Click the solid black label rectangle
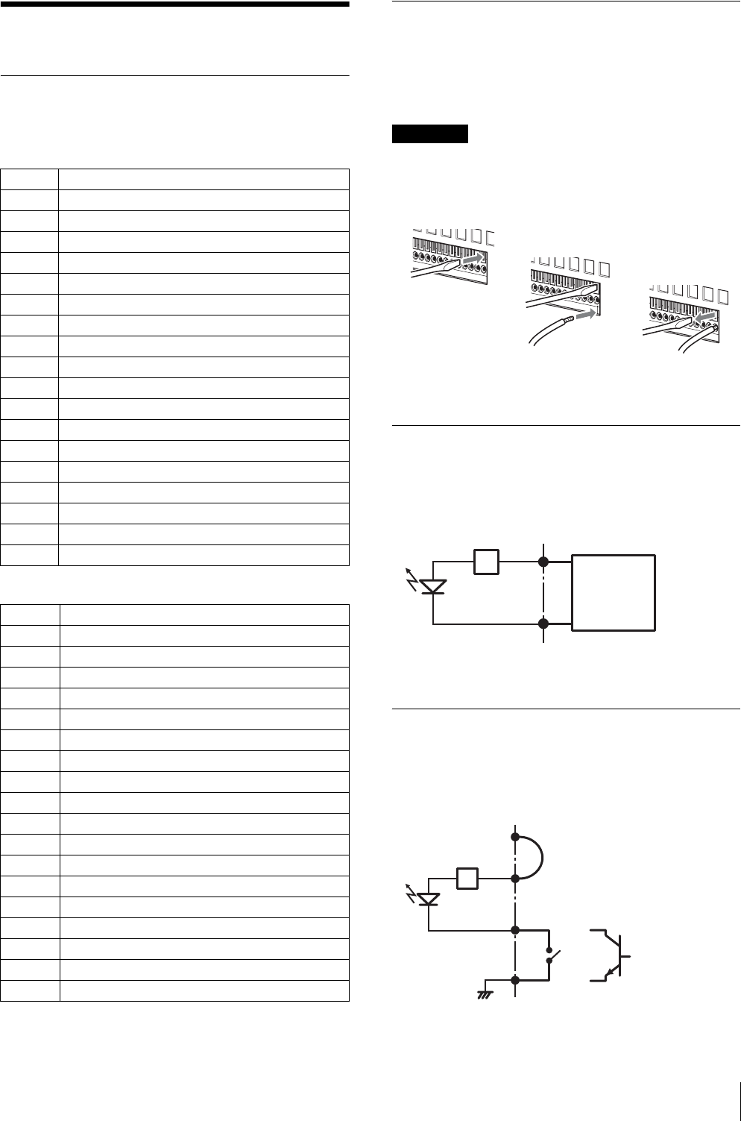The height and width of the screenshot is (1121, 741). [429, 134]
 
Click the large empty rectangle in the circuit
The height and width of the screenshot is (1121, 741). [613, 593]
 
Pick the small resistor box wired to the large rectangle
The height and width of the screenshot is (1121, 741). [485, 561]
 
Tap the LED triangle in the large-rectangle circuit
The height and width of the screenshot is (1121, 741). [433, 588]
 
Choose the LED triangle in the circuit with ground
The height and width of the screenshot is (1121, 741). [429, 899]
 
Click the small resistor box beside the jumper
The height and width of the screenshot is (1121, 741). [467, 878]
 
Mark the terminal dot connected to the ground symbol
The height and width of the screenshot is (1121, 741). [515, 979]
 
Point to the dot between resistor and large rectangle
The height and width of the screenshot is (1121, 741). [545, 561]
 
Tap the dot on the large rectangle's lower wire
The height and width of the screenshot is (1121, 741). [545, 624]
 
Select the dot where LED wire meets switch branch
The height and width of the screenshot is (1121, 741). [515, 930]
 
